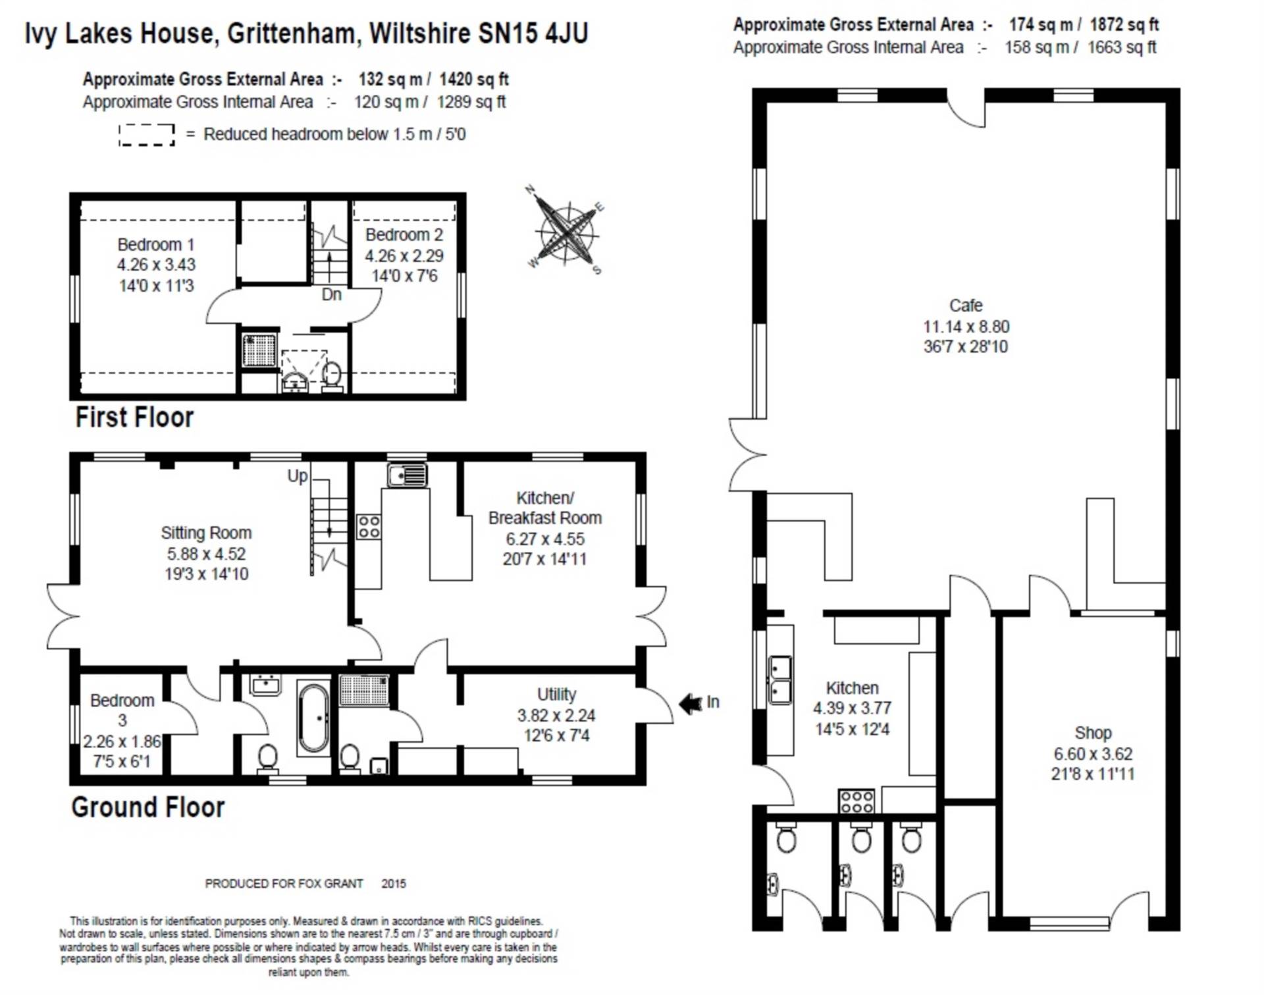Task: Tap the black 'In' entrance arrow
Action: (x=691, y=704)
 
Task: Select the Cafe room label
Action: (x=966, y=306)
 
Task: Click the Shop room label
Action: (x=1093, y=733)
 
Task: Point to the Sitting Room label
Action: (x=206, y=533)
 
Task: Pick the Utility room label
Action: (x=556, y=695)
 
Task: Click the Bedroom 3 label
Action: (x=122, y=710)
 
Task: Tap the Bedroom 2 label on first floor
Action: (x=404, y=235)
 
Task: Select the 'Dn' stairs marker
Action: (x=331, y=294)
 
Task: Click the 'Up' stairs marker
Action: (x=298, y=475)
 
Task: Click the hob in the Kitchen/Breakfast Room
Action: (x=369, y=527)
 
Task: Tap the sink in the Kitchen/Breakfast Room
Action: (x=408, y=475)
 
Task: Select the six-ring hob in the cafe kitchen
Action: (x=856, y=801)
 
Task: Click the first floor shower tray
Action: (x=259, y=350)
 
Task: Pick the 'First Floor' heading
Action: (x=134, y=417)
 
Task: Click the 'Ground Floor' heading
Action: (x=148, y=807)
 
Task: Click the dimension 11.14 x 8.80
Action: (x=966, y=327)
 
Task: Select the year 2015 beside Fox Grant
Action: (x=394, y=884)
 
